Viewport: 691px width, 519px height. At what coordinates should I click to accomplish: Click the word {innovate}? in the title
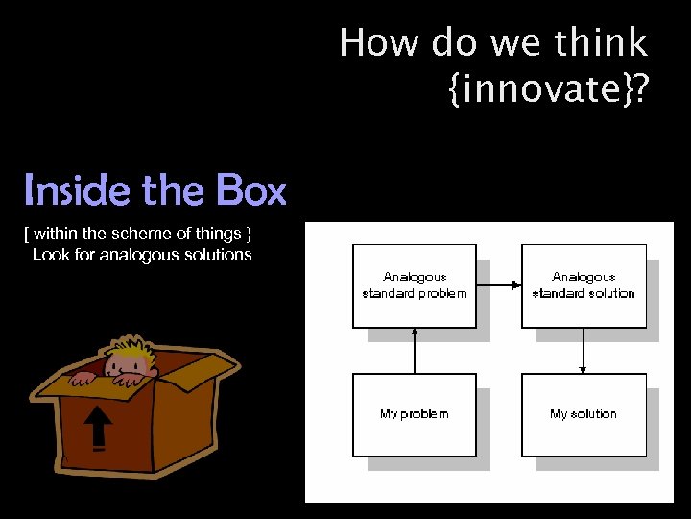(x=548, y=89)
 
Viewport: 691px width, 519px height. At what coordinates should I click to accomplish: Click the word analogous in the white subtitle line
(x=136, y=255)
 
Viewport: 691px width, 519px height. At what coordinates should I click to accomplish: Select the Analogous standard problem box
(x=414, y=285)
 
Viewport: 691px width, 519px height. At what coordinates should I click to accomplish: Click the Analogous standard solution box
(x=583, y=285)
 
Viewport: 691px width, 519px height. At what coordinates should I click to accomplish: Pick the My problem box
(x=414, y=414)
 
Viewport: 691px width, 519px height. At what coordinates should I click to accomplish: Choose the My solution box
(x=583, y=414)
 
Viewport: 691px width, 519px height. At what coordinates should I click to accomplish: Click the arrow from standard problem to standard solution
(x=498, y=284)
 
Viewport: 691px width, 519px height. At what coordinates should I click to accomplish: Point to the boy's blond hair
(x=131, y=346)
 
